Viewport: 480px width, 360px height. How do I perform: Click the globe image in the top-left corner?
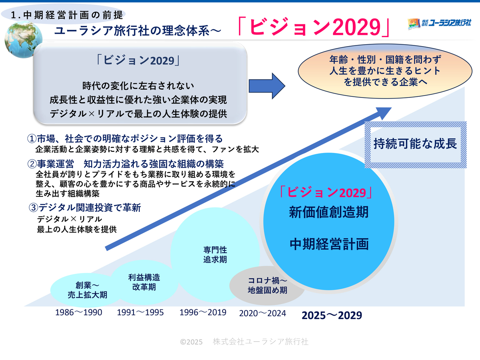(x=23, y=40)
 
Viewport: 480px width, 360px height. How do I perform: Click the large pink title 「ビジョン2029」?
(x=314, y=27)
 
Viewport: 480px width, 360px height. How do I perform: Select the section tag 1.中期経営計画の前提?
(x=67, y=15)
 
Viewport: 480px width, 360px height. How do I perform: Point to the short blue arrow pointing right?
(x=267, y=86)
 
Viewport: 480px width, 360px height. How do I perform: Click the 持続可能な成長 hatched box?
(x=415, y=144)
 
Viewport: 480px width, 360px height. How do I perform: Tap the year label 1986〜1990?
(x=78, y=313)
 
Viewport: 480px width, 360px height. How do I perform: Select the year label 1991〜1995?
(x=140, y=313)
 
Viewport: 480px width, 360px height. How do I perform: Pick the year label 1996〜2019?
(x=203, y=313)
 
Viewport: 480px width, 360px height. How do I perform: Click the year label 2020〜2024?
(x=262, y=313)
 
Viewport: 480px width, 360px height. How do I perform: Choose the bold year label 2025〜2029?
(x=332, y=315)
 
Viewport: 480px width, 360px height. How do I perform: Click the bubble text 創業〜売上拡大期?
(x=87, y=290)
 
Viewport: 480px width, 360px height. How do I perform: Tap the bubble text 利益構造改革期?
(x=144, y=282)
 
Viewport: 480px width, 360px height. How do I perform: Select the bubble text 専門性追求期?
(x=215, y=255)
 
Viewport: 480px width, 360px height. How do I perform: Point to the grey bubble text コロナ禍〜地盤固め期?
(x=267, y=285)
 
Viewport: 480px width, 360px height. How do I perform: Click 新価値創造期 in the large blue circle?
(x=328, y=212)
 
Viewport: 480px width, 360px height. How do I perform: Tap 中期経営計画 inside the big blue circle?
(x=329, y=244)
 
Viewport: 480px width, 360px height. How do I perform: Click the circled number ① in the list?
(x=32, y=139)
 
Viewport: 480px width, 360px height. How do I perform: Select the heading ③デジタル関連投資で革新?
(x=85, y=208)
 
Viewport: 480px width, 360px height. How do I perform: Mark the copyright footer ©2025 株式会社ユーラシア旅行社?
(x=244, y=342)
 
